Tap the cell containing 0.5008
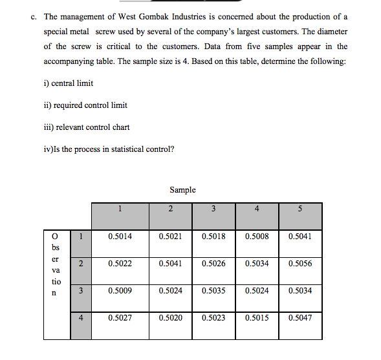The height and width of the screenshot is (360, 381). pos(257,237)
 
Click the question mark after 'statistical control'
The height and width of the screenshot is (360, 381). pos(171,149)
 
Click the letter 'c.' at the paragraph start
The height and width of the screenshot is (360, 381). pos(34,16)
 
